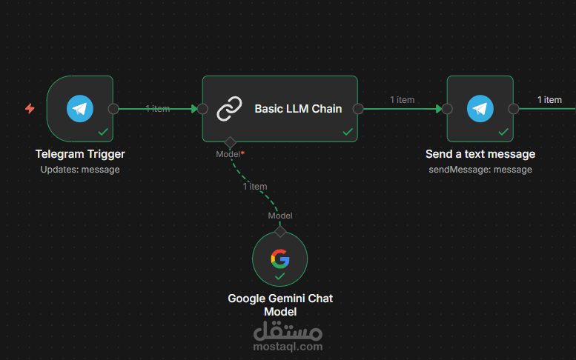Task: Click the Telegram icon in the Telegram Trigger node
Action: (x=80, y=109)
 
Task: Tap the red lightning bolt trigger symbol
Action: (x=30, y=109)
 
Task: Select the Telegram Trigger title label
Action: (x=80, y=154)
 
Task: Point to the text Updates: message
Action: (x=80, y=170)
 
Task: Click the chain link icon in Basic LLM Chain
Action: (x=229, y=109)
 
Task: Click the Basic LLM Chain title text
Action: (x=298, y=109)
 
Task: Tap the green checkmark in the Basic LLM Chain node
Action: (x=348, y=132)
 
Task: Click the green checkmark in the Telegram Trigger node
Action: (x=103, y=132)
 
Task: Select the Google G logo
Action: (x=280, y=259)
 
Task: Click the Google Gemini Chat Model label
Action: (x=280, y=305)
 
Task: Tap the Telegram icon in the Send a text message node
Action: (x=480, y=109)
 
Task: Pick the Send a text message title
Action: (x=480, y=154)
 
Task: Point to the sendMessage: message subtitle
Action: (x=480, y=170)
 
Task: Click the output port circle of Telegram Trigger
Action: (x=113, y=109)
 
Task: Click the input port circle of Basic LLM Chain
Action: (x=202, y=109)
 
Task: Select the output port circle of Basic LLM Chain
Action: (x=358, y=109)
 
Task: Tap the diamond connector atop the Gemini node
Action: (x=280, y=232)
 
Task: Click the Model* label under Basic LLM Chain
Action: (x=231, y=154)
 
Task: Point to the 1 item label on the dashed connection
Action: (x=255, y=187)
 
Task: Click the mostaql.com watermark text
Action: (x=288, y=347)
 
